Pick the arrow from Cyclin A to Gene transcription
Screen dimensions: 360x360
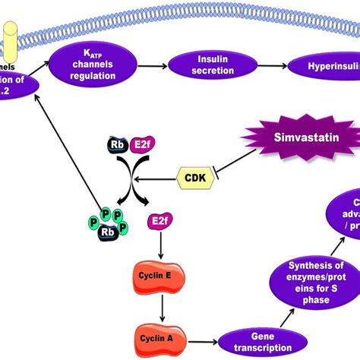click(201, 335)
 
